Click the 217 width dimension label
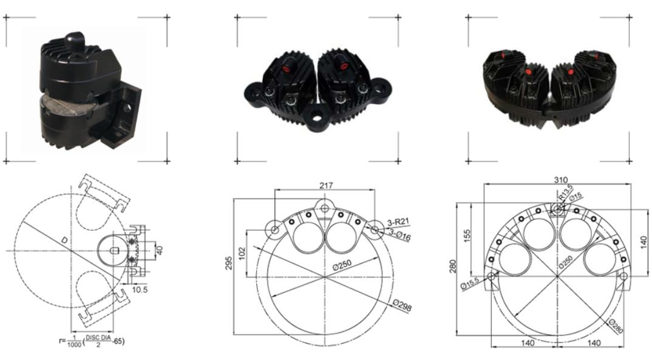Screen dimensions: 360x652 pos(325,185)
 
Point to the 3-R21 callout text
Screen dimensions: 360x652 pos(399,225)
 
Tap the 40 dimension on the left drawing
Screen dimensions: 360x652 pos(160,250)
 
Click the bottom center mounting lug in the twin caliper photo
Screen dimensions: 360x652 pos(317,115)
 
